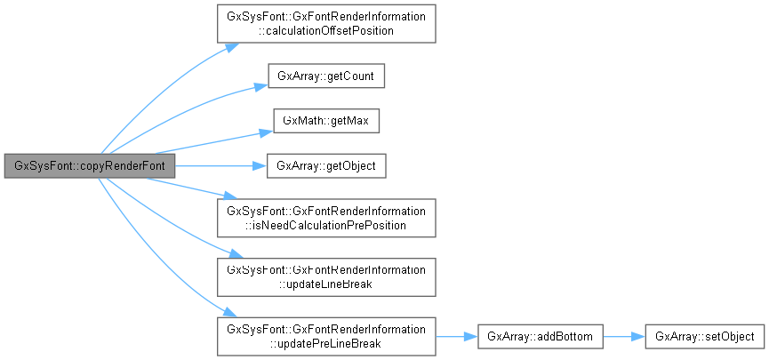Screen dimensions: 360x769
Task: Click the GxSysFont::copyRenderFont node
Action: click(x=89, y=165)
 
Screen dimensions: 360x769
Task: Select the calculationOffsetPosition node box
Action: click(x=326, y=24)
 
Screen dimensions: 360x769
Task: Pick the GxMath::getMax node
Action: click(x=325, y=122)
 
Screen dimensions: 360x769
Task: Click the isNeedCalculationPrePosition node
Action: click(x=326, y=218)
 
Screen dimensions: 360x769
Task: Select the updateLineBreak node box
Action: click(x=326, y=276)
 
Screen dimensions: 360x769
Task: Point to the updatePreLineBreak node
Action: click(x=326, y=336)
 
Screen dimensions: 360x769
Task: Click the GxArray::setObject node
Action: click(x=704, y=336)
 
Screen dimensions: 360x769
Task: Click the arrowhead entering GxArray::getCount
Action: click(x=263, y=87)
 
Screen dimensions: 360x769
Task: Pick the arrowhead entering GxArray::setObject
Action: click(x=638, y=336)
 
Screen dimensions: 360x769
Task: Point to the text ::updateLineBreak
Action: click(x=326, y=284)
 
